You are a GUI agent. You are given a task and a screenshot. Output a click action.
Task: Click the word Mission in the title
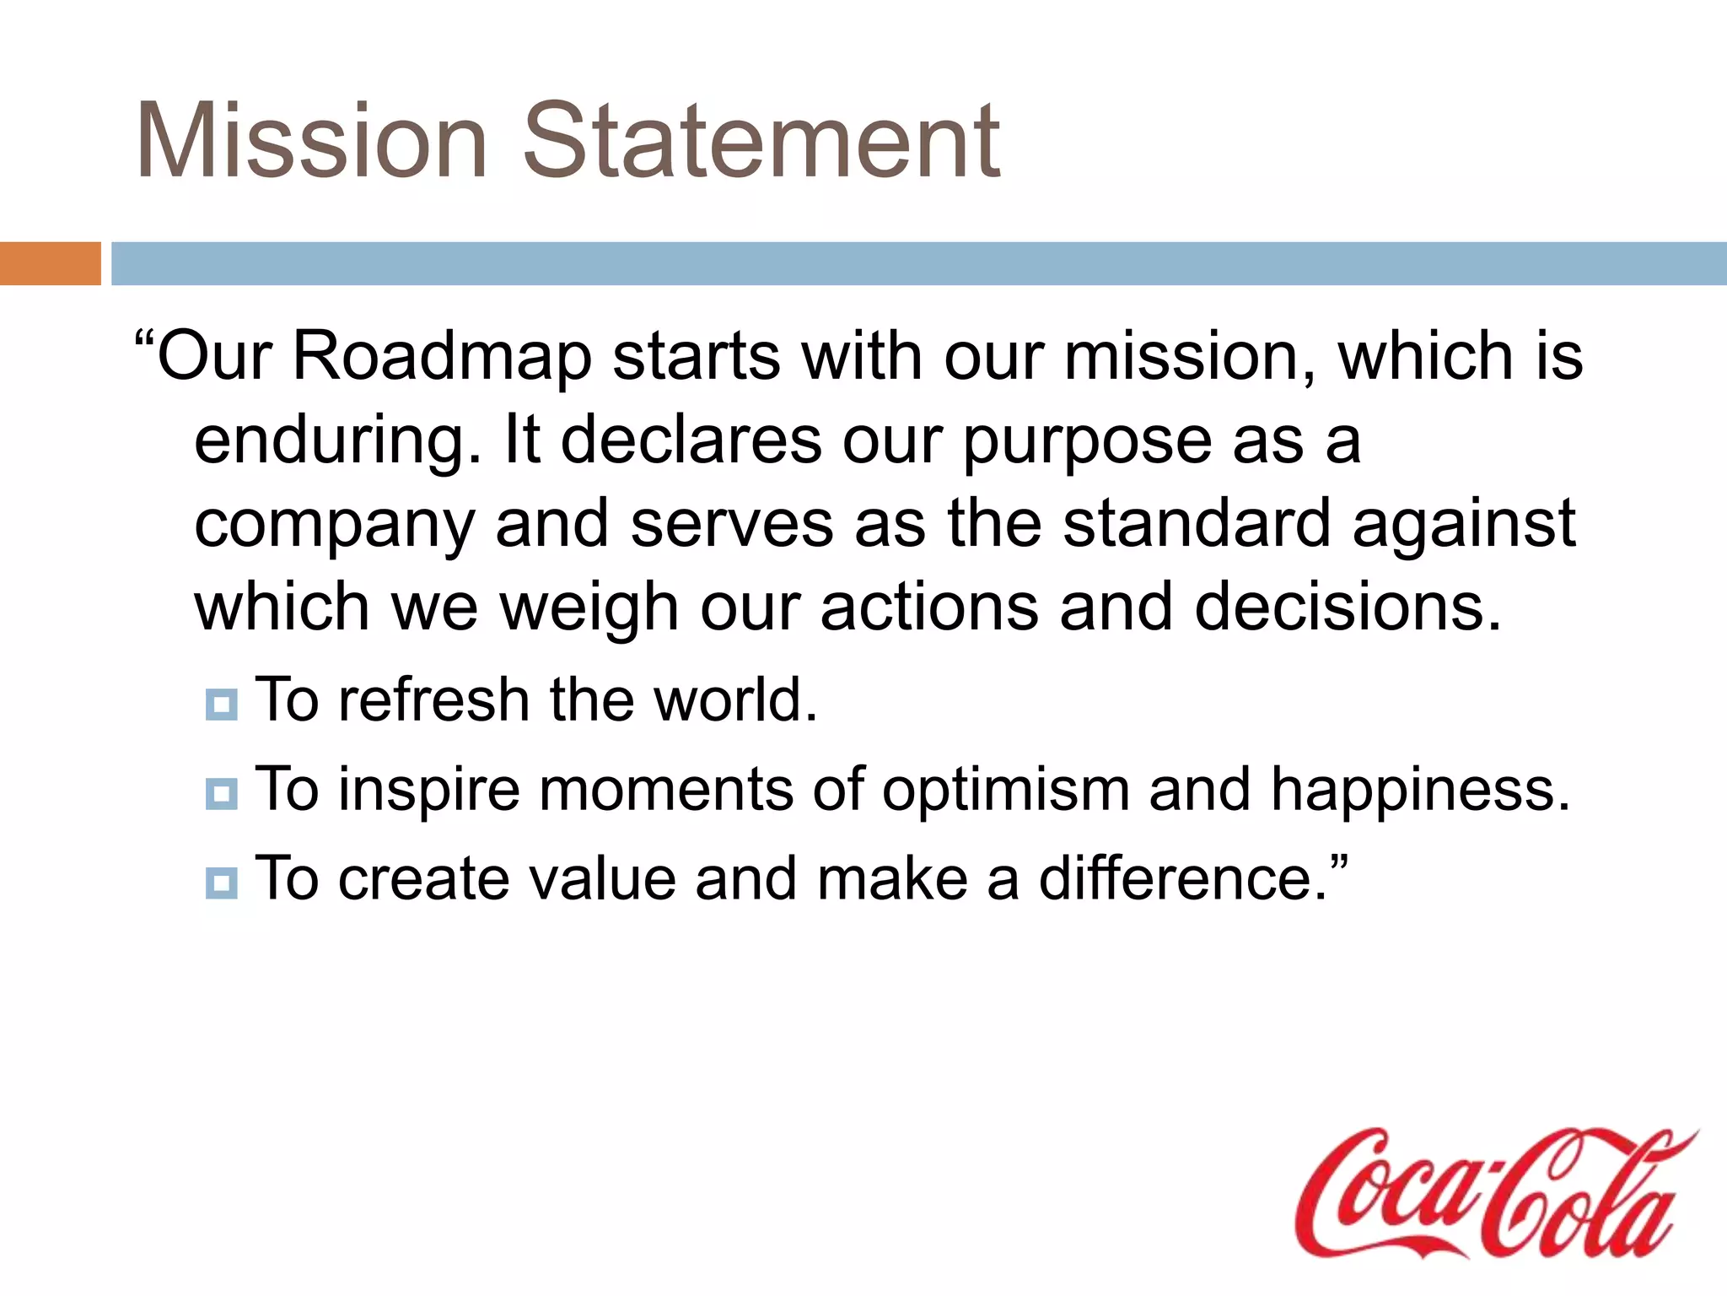point(312,141)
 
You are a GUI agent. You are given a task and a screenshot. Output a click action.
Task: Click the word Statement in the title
point(761,141)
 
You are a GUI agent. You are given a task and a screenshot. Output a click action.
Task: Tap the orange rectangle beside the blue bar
point(50,263)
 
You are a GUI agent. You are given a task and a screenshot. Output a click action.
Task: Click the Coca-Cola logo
point(1493,1194)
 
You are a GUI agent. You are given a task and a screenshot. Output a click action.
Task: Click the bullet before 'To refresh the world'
point(222,704)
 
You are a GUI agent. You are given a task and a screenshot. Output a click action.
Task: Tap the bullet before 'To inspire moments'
point(222,793)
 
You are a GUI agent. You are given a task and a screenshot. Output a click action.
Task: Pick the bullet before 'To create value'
point(222,883)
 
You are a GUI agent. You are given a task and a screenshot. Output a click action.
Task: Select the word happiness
point(1420,791)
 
